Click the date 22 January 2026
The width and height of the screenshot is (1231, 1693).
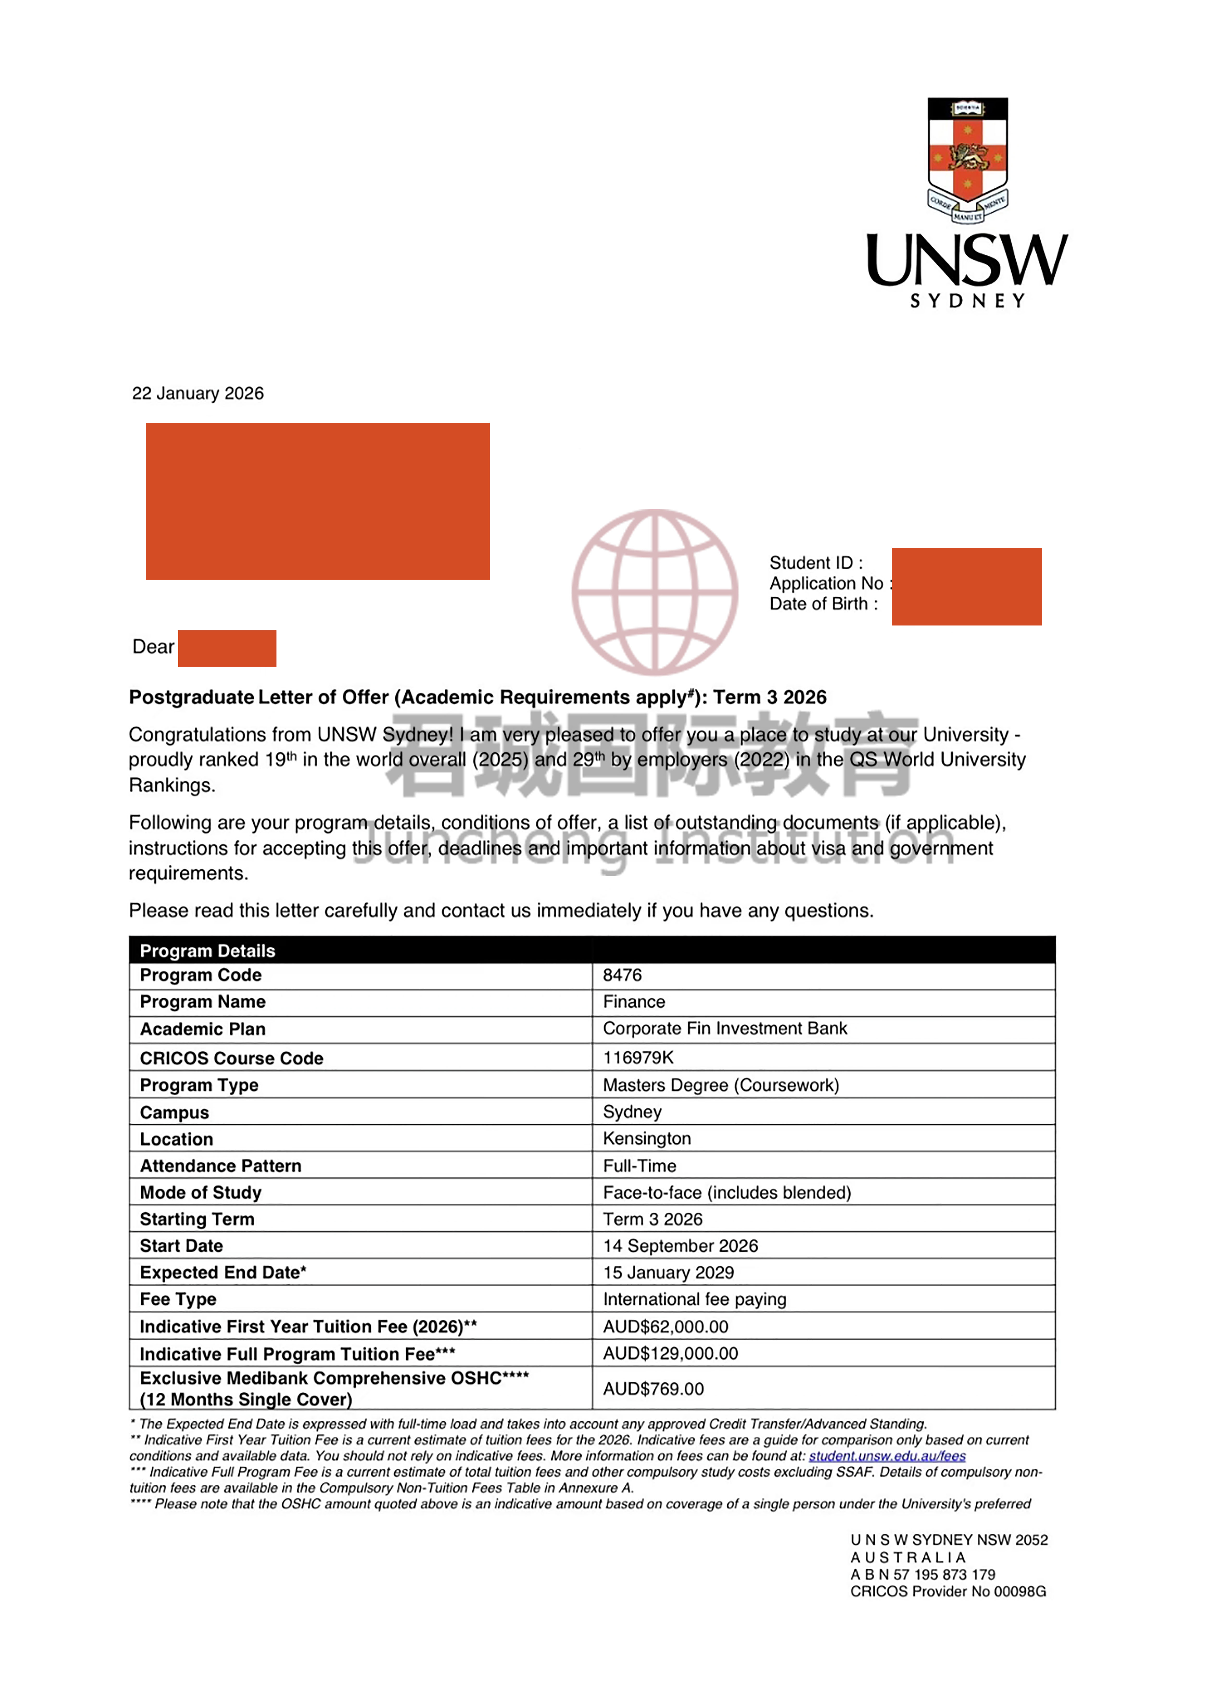pos(198,393)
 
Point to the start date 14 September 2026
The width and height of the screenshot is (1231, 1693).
pos(680,1246)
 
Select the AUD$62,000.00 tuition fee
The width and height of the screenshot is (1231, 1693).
pos(665,1327)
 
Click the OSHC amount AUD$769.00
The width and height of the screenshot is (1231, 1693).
pos(653,1388)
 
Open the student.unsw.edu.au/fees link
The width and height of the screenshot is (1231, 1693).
pos(887,1456)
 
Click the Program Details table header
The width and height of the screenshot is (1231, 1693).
pos(207,950)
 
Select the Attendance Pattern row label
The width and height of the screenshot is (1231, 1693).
pos(220,1166)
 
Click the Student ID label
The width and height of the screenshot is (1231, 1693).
pos(815,563)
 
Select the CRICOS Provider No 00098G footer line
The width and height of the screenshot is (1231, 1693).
pos(947,1591)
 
